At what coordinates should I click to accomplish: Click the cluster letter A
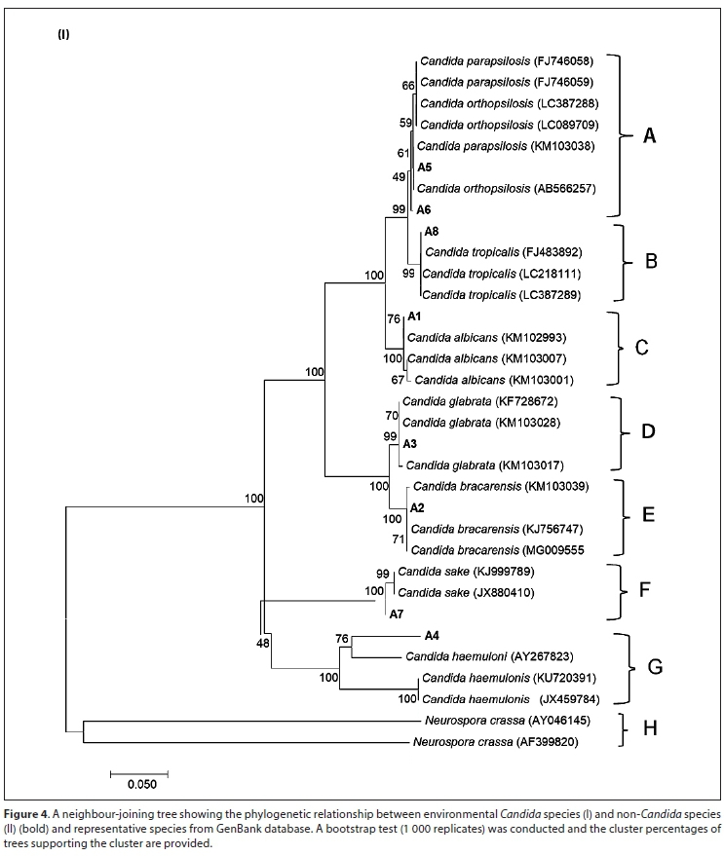pyautogui.click(x=649, y=136)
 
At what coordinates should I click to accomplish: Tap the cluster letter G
pyautogui.click(x=655, y=667)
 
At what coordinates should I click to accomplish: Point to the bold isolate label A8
pyautogui.click(x=431, y=232)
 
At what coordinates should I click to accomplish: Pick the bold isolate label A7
pyautogui.click(x=397, y=614)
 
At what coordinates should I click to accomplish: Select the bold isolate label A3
pyautogui.click(x=410, y=444)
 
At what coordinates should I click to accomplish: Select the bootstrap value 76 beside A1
pyautogui.click(x=394, y=318)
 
